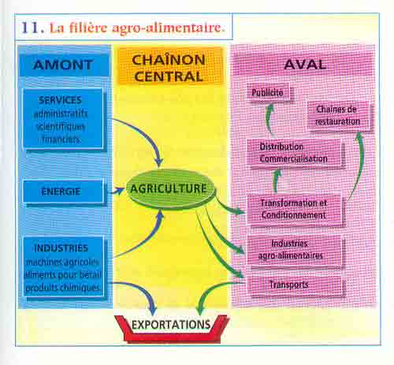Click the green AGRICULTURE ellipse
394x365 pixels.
170,188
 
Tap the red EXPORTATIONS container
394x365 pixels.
171,329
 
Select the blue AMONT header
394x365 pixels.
64,65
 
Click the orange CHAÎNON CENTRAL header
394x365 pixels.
169,68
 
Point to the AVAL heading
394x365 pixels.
305,65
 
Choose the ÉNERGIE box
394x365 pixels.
63,192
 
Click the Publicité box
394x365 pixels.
268,92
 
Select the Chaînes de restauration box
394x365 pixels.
338,116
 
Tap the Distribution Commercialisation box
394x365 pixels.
294,153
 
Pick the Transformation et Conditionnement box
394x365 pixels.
294,209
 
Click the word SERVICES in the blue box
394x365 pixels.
60,100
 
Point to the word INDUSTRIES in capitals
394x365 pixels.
61,248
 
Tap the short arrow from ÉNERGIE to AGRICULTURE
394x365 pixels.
117,191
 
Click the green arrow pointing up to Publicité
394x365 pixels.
269,119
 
